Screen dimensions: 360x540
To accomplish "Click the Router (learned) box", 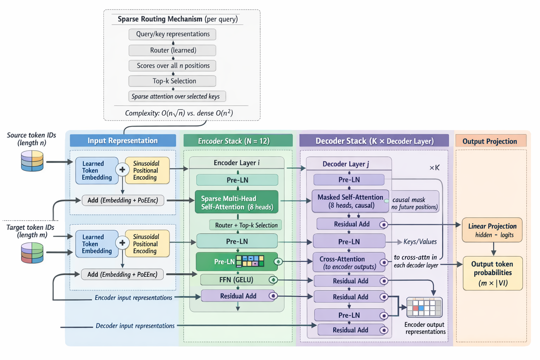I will pos(172,50).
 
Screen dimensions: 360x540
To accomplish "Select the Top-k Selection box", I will pos(172,81).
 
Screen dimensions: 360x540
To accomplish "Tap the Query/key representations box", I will pos(172,34).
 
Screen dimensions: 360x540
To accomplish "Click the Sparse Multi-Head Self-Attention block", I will pos(237,202).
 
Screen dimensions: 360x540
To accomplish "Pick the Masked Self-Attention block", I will pos(350,201).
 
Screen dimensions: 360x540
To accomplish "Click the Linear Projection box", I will pos(492,230).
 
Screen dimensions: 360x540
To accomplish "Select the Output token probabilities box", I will pos(493,273).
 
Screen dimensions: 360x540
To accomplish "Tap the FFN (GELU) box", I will pos(237,280).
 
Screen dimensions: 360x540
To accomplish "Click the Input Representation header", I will pos(123,141).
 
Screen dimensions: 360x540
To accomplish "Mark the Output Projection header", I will pos(490,141).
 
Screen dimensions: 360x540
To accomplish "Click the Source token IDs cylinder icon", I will pos(32,161).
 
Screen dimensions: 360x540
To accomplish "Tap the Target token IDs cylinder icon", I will pos(32,253).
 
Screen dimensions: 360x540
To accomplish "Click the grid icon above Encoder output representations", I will pos(424,307).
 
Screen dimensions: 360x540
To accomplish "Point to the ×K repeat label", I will pos(435,168).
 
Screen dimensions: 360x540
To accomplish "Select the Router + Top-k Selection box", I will pos(246,225).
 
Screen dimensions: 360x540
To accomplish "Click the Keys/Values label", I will pos(420,242).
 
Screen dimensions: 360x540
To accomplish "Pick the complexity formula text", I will pos(179,113).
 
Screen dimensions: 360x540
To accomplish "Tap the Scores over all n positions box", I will pos(172,66).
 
